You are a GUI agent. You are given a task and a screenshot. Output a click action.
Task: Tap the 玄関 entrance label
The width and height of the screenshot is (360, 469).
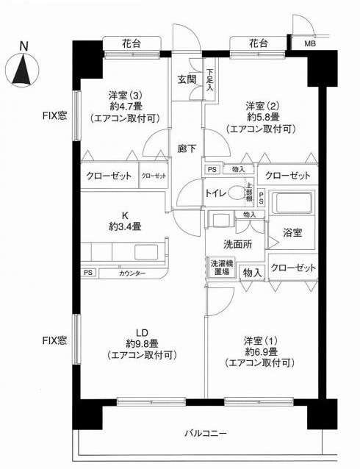click(x=187, y=79)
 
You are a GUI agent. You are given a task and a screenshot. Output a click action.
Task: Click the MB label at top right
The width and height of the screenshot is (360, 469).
click(x=312, y=43)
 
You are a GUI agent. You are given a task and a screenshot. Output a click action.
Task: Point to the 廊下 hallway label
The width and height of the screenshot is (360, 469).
click(x=187, y=148)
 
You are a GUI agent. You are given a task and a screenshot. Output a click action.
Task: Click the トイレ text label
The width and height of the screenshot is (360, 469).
click(x=215, y=193)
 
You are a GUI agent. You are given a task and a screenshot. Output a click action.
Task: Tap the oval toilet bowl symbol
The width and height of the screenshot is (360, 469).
click(x=237, y=193)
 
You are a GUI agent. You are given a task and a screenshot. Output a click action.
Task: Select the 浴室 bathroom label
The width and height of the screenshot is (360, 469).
click(x=292, y=232)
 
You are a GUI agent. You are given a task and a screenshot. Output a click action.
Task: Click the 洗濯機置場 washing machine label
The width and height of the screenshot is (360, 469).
click(x=220, y=268)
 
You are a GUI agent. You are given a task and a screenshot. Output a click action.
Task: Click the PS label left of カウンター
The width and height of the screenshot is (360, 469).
click(x=88, y=273)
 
